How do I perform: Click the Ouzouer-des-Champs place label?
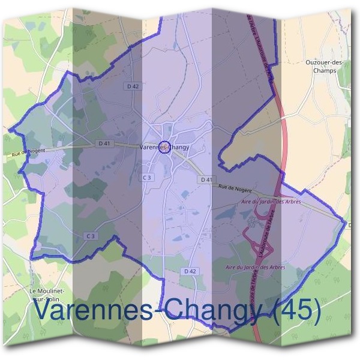324,65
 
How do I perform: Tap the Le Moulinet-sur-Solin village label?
51,295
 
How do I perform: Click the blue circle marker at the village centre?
165,147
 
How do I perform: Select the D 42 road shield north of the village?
133,86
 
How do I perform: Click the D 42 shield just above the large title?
190,271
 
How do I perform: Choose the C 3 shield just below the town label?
147,178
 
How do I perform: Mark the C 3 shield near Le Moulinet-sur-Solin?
91,236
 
